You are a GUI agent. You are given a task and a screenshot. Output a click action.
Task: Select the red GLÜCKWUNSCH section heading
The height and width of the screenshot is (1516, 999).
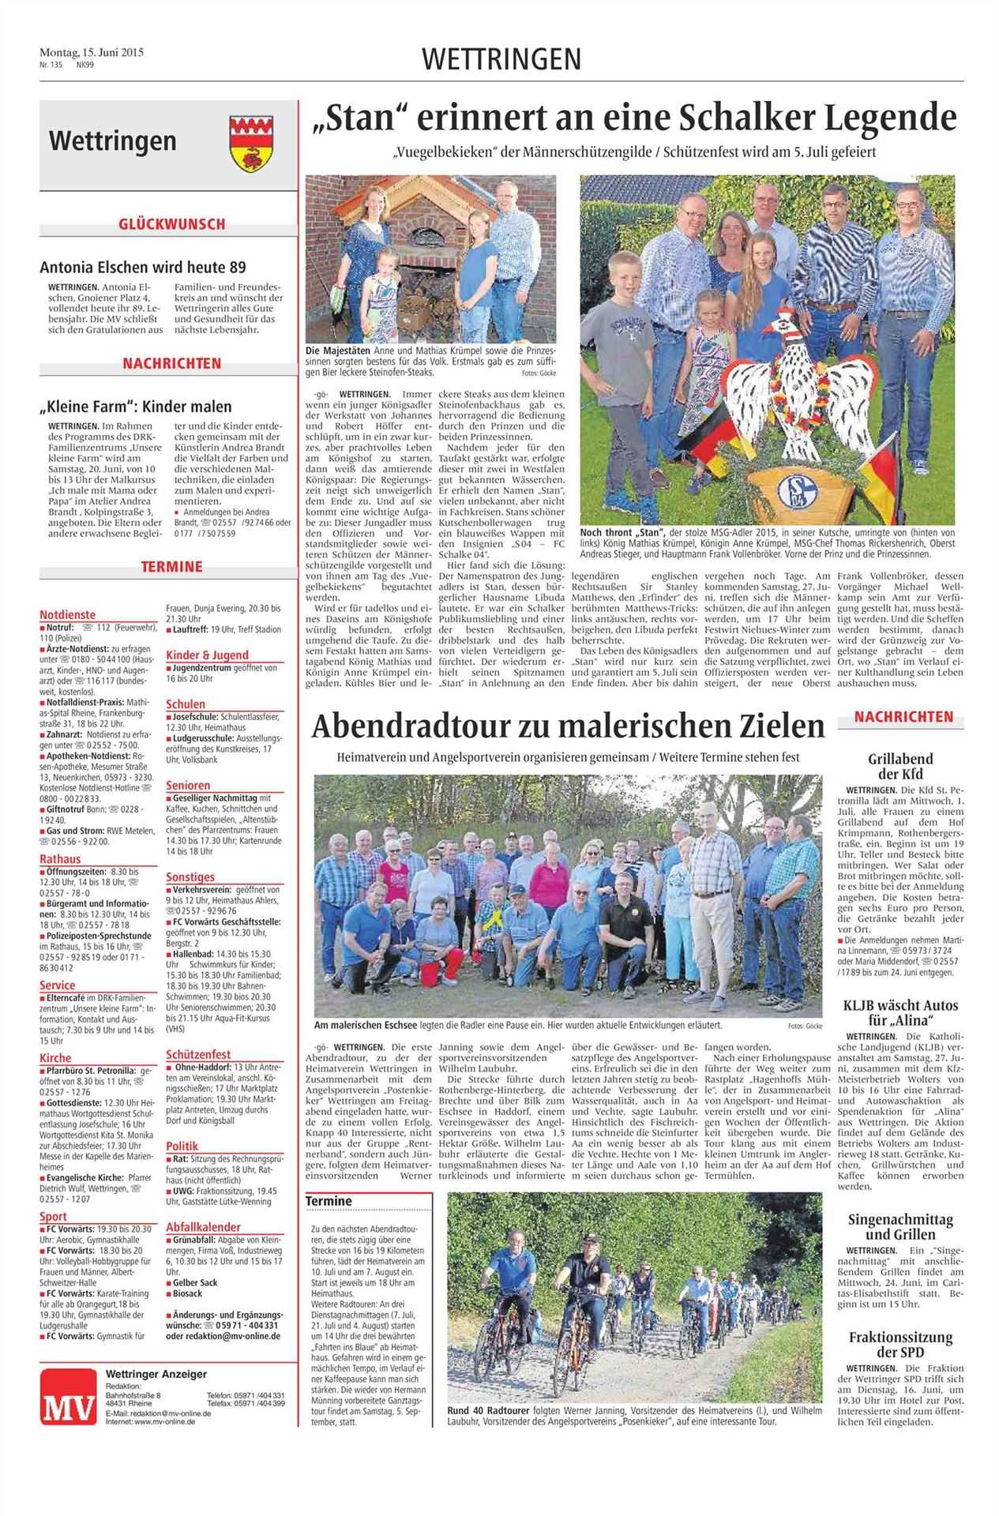[x=171, y=224]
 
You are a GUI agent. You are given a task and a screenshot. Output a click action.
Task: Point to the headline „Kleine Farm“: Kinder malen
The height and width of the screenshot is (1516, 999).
[x=136, y=407]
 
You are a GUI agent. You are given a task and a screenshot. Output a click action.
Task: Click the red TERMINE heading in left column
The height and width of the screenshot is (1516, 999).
[x=171, y=567]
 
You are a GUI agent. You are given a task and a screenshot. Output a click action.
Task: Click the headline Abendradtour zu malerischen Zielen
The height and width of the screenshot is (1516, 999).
[x=568, y=726]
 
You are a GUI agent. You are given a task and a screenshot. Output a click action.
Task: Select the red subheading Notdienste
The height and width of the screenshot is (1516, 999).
[x=68, y=614]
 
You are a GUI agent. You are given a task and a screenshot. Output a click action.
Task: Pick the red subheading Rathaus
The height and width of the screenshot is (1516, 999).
[x=60, y=859]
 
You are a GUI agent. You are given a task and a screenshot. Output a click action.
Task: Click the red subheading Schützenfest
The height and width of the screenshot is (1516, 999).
[x=198, y=1054]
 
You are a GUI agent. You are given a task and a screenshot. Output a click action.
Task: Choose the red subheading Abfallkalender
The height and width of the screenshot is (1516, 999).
[x=203, y=1227]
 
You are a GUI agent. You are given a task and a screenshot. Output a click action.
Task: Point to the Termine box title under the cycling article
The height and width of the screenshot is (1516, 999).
[x=330, y=1202]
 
